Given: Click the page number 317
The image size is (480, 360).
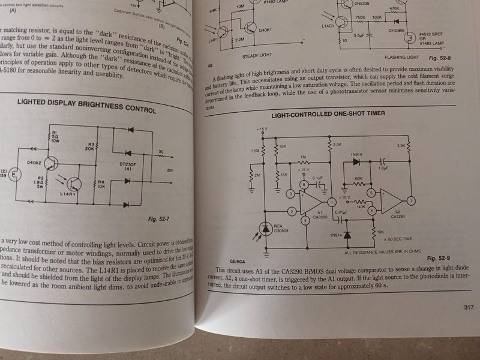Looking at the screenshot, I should point(469,308).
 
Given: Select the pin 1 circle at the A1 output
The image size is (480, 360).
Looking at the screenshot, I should point(328,203).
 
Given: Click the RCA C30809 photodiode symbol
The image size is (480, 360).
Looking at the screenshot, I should point(266,228).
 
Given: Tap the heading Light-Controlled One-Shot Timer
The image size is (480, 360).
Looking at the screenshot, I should point(328,114).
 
